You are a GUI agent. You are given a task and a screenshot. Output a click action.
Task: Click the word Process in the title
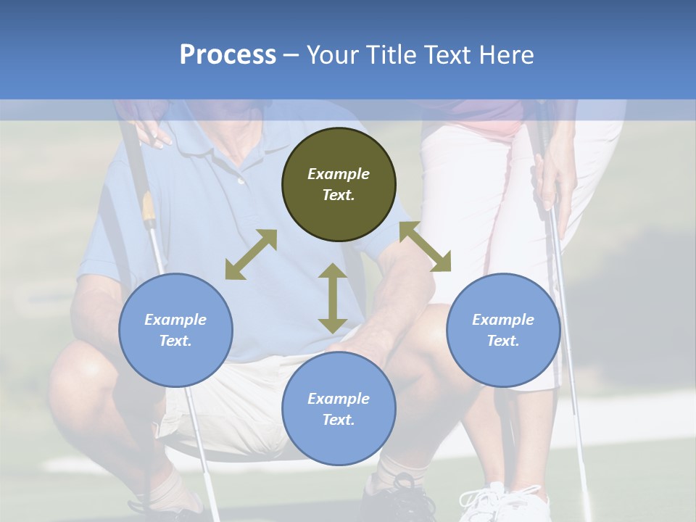click(x=228, y=55)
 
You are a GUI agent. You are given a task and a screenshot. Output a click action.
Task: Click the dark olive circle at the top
click(x=339, y=210)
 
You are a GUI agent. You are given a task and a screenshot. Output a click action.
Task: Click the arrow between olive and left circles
click(x=251, y=254)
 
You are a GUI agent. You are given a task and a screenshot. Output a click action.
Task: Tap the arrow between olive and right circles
click(x=425, y=246)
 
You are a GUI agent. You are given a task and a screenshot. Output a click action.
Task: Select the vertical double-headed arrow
click(x=333, y=298)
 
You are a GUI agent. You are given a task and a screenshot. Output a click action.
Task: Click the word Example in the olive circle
click(x=339, y=174)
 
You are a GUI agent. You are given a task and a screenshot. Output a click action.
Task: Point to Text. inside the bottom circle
click(x=339, y=420)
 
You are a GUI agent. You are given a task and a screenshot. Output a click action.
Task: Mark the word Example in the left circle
click(x=175, y=320)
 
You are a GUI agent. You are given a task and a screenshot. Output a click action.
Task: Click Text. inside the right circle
click(x=503, y=341)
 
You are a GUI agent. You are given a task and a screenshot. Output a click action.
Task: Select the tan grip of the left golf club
click(x=149, y=207)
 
